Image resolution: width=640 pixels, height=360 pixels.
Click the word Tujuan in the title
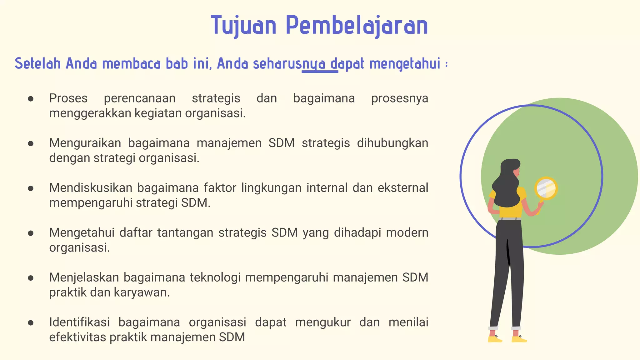point(244,26)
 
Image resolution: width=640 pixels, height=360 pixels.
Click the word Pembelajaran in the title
point(357,26)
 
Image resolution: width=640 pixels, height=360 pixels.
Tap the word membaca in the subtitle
point(131,64)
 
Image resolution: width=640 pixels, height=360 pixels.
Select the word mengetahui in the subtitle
point(405,64)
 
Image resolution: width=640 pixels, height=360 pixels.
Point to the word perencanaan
point(140,98)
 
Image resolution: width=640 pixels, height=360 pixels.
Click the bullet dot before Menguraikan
point(31,144)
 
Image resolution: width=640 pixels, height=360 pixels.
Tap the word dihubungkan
point(392,143)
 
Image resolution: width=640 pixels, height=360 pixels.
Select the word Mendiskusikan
point(91,188)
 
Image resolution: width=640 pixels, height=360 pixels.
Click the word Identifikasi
point(79,322)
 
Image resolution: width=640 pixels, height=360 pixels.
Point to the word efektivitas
point(77,337)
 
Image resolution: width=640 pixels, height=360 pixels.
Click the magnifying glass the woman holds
point(546,188)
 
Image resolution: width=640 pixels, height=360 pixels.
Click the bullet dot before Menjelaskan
point(31,278)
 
